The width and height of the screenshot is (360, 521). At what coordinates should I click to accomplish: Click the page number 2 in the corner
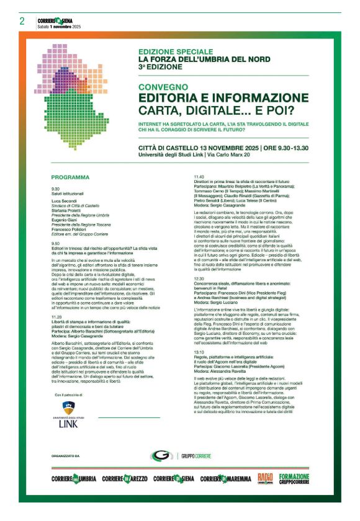pos(22,22)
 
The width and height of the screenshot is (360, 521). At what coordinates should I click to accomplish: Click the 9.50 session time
pos(56,244)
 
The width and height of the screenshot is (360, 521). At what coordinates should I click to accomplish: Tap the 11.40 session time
pos(199,177)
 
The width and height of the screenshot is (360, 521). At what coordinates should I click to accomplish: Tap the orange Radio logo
pos(265,478)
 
